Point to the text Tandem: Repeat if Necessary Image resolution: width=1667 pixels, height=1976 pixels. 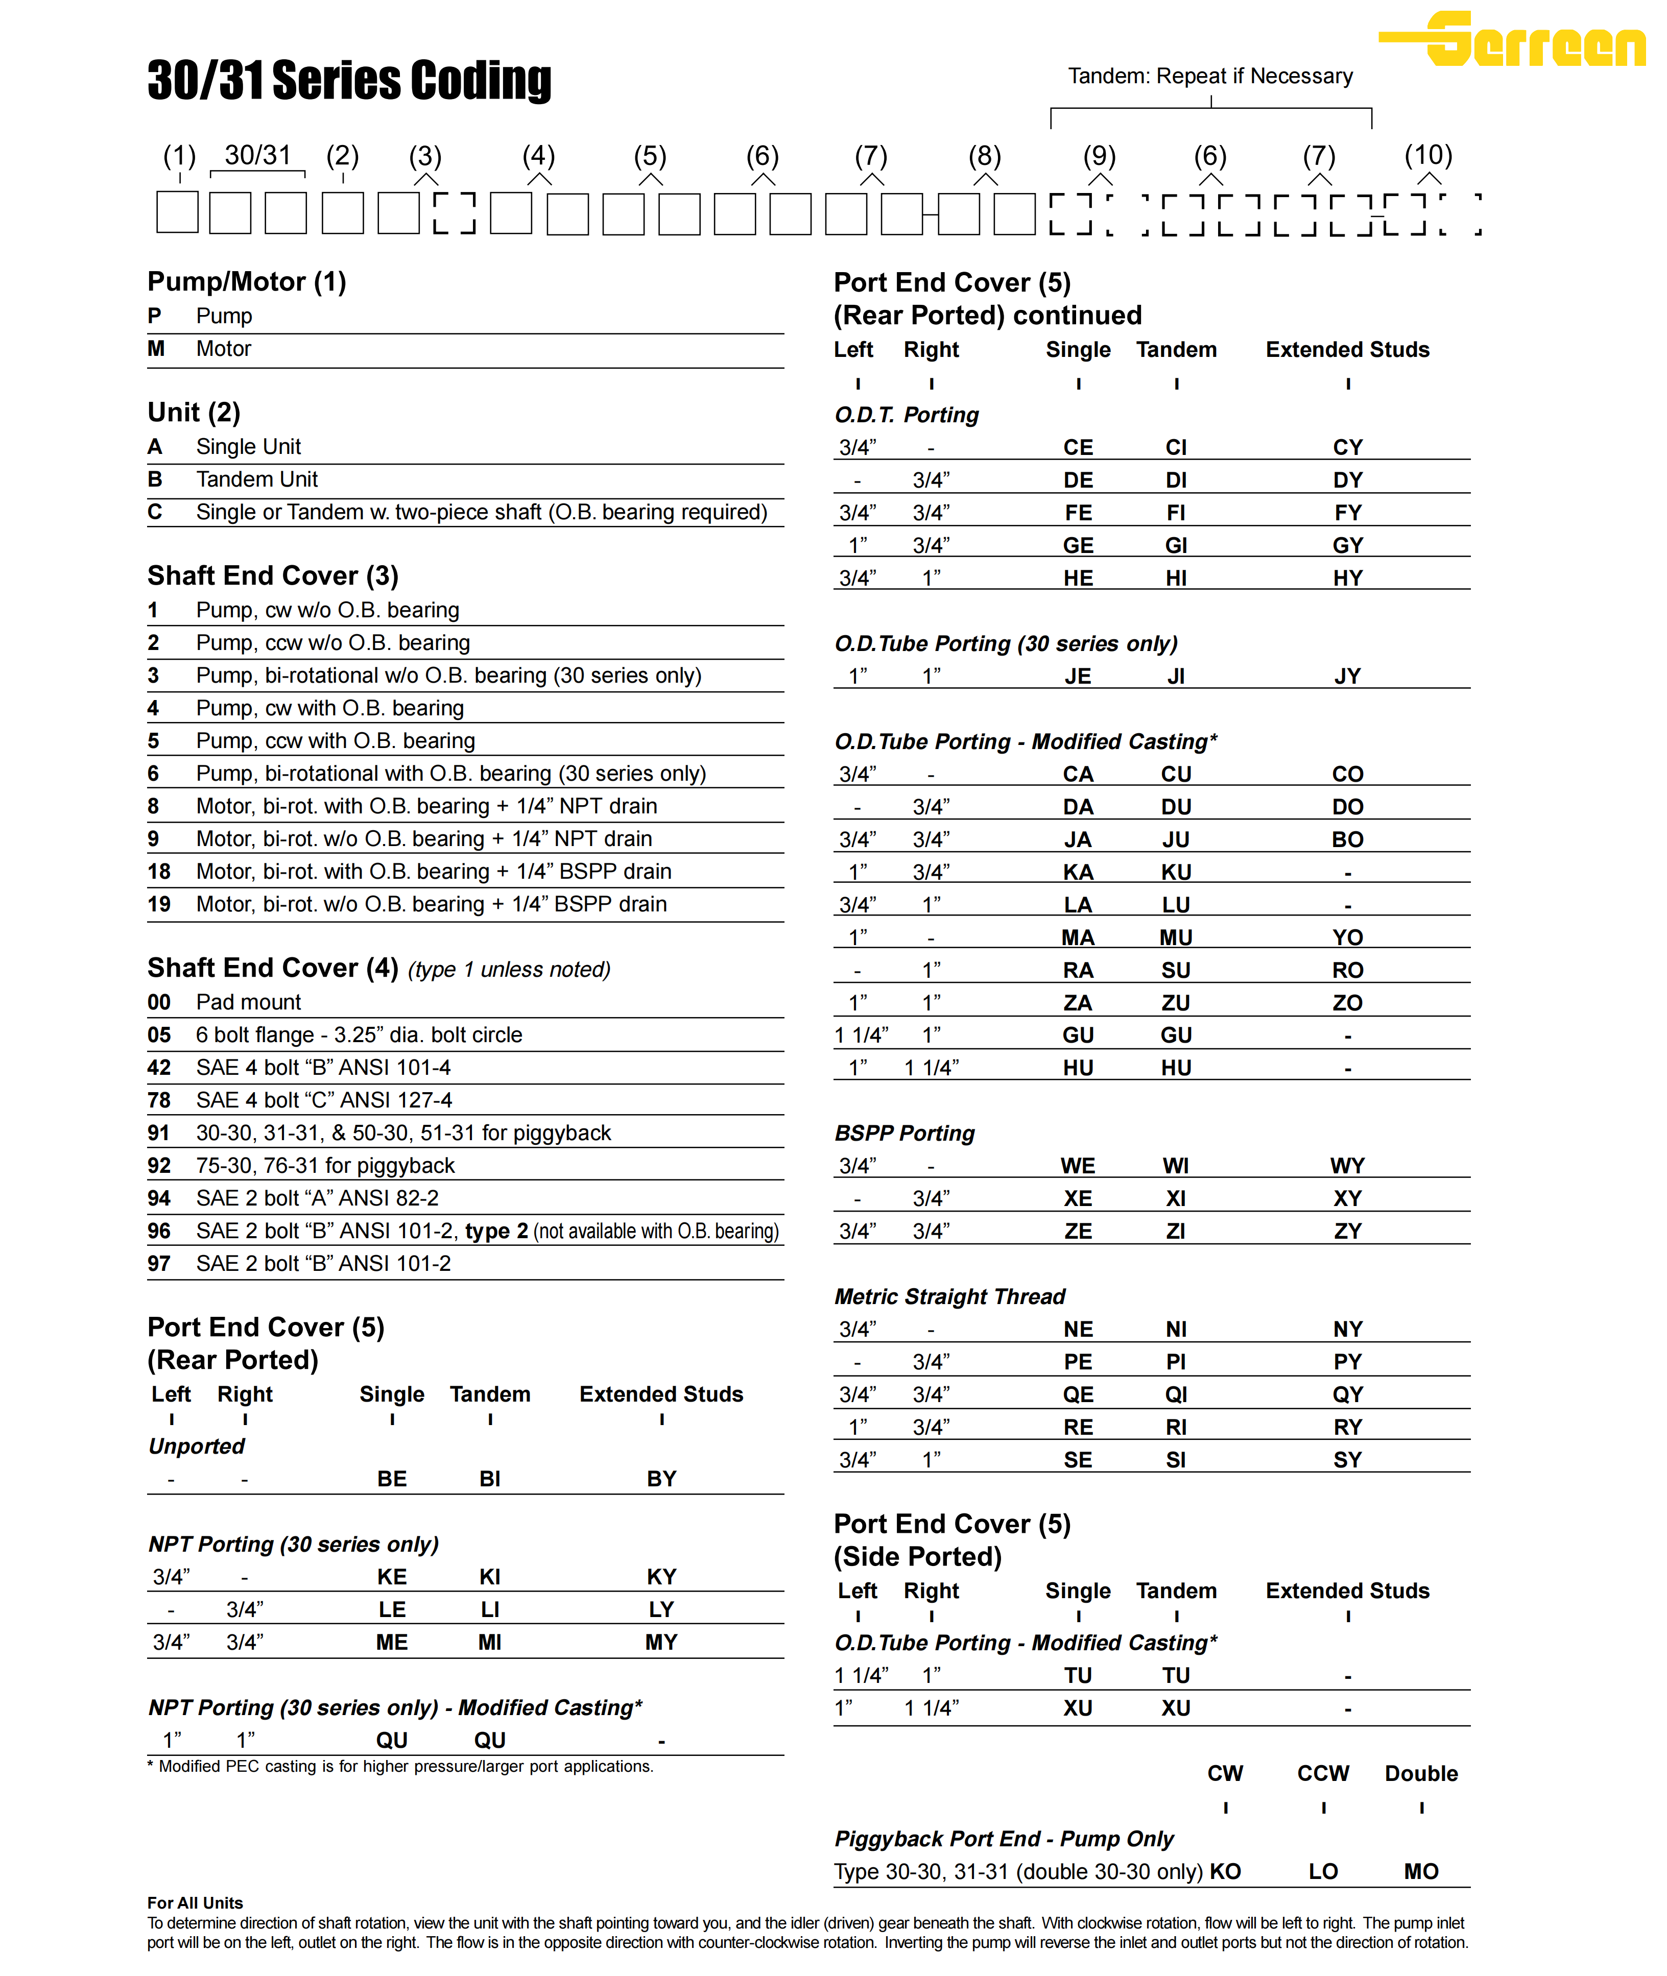[1209, 76]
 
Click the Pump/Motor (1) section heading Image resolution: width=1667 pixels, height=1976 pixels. [247, 281]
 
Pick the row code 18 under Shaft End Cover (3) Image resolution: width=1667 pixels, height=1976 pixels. [159, 872]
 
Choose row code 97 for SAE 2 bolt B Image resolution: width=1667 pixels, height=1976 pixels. [159, 1264]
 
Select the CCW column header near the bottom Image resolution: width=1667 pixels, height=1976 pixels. [1322, 1774]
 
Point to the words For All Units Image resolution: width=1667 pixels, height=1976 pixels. [195, 1903]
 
